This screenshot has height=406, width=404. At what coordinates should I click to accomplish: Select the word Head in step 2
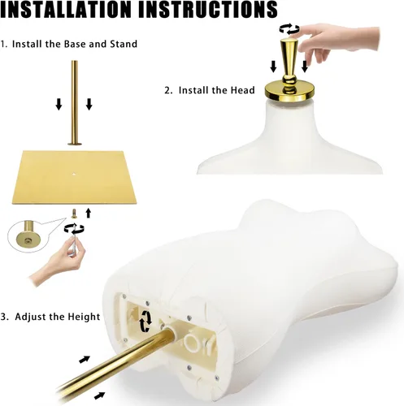(x=243, y=90)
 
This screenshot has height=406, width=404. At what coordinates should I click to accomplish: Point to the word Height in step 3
(x=84, y=317)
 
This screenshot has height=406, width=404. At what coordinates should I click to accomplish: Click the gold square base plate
(x=74, y=177)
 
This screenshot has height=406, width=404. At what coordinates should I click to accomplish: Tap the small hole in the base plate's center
(x=74, y=174)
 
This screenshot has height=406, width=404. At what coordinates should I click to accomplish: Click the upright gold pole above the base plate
(x=74, y=103)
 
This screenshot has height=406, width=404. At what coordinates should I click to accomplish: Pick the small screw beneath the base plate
(x=73, y=214)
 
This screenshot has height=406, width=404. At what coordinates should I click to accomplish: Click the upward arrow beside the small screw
(x=88, y=213)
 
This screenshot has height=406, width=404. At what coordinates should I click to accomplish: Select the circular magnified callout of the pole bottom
(x=27, y=236)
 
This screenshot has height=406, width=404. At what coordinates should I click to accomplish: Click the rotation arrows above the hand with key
(x=74, y=229)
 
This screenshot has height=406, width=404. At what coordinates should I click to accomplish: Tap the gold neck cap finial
(x=289, y=71)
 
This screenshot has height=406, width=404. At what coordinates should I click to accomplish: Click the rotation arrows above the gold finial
(x=289, y=28)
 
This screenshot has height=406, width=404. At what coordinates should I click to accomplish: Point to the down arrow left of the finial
(x=273, y=67)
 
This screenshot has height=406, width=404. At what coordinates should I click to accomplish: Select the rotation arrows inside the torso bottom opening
(x=146, y=321)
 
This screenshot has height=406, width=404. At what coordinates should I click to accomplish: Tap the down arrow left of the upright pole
(x=59, y=105)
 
